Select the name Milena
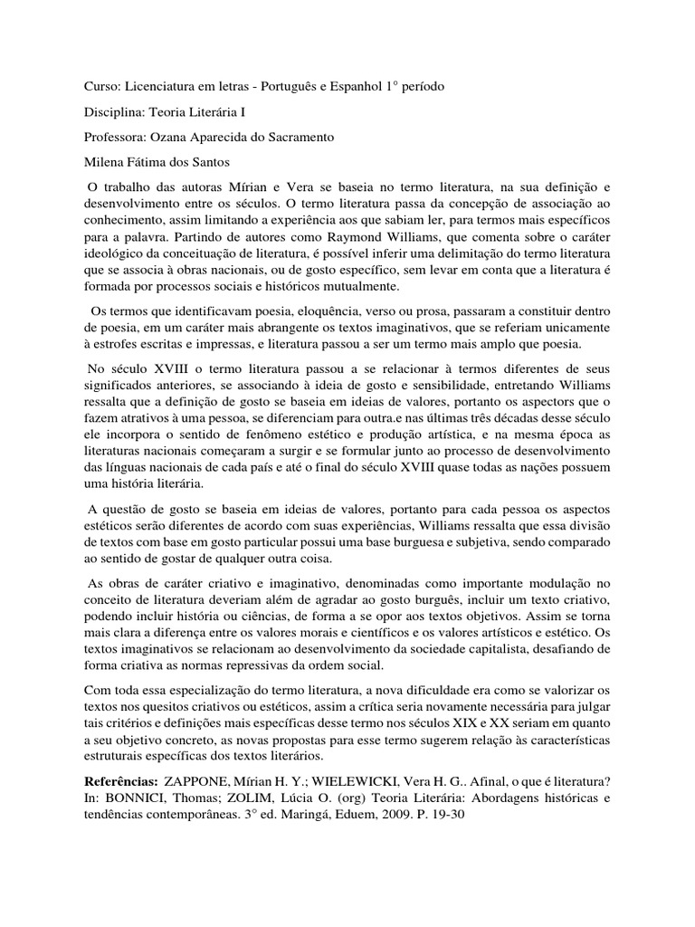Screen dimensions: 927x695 [x=93, y=163]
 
